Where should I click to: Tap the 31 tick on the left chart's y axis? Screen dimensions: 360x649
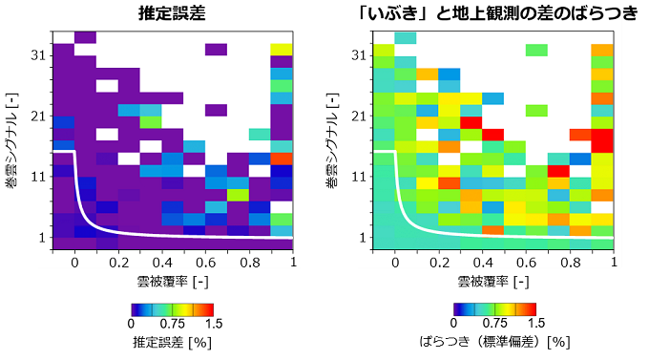point(38,55)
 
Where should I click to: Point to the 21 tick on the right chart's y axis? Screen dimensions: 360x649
point(359,116)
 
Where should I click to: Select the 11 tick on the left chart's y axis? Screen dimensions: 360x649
point(38,177)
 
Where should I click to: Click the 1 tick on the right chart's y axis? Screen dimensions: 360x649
point(363,237)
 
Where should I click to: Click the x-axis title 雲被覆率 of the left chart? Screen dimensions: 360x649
point(172,284)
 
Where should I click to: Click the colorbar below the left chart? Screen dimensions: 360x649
point(172,308)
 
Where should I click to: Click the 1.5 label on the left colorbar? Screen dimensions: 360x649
point(213,324)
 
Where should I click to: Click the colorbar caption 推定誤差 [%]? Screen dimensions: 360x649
point(172,341)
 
